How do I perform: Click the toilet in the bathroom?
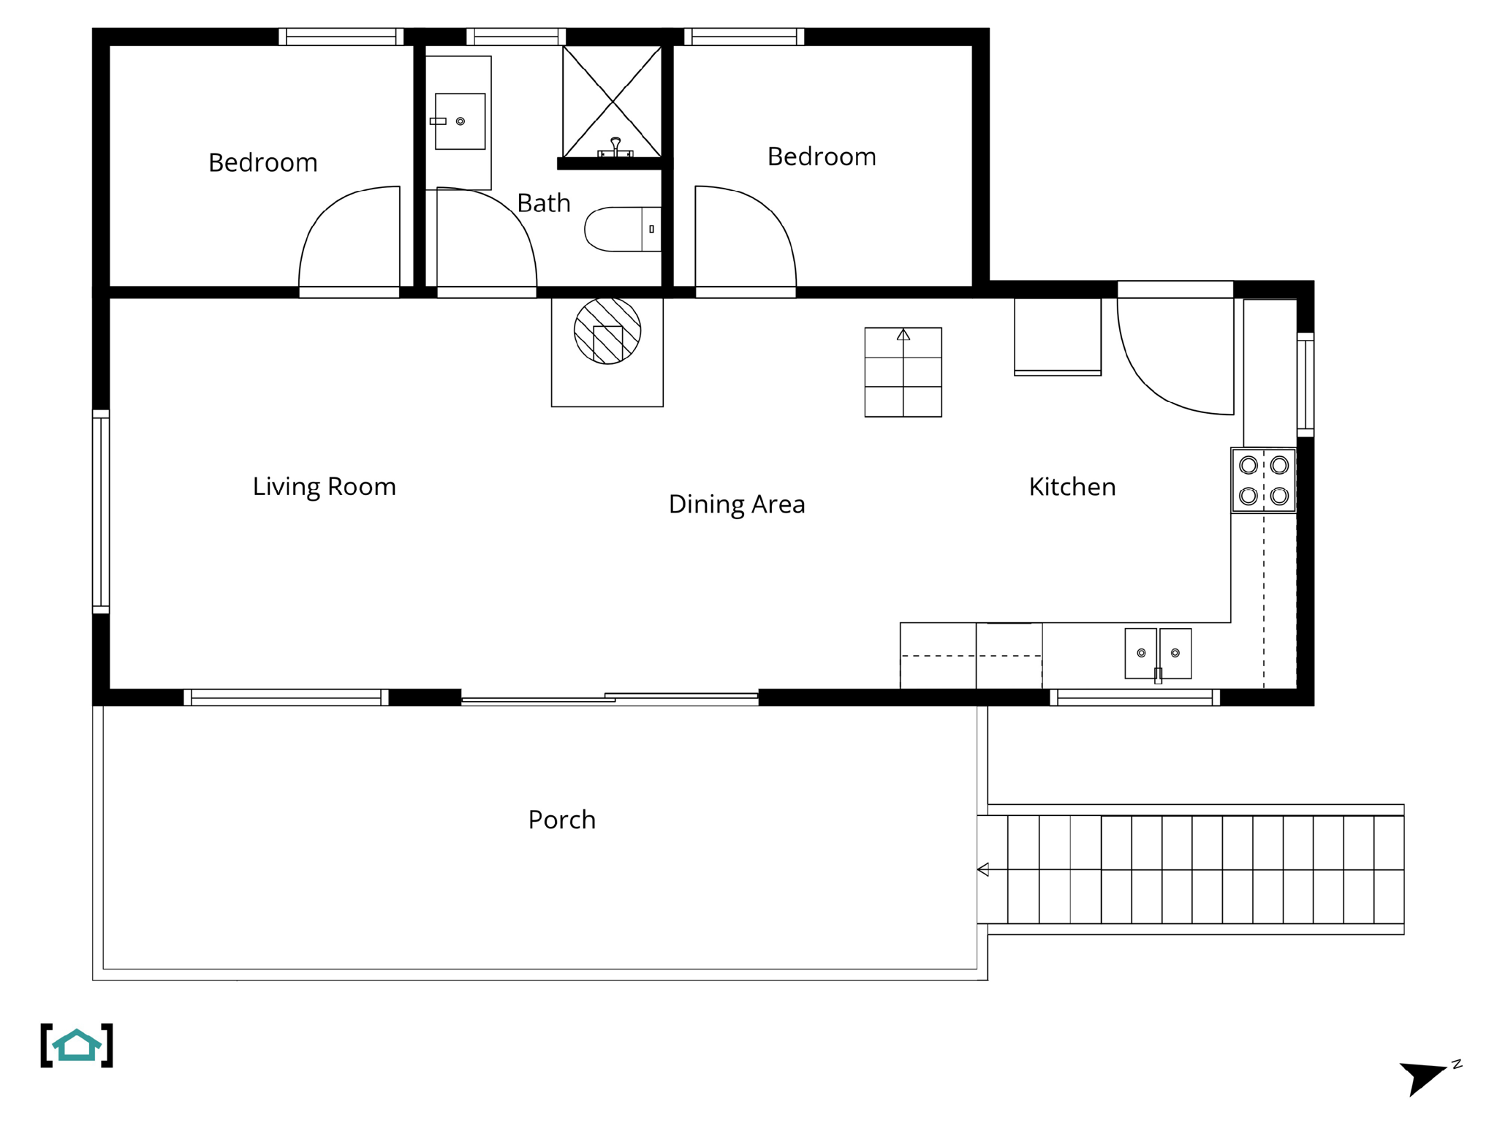click(x=621, y=230)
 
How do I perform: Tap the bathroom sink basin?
click(x=460, y=121)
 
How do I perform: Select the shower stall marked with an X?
click(x=612, y=101)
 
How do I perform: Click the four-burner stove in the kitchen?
click(x=1263, y=480)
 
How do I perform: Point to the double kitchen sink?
click(x=1158, y=653)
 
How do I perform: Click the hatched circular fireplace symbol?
click(x=607, y=331)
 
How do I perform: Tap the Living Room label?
click(x=324, y=487)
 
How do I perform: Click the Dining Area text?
click(x=736, y=504)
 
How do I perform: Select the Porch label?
click(x=561, y=820)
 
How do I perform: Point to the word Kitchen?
click(x=1072, y=487)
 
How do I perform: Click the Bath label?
click(x=543, y=203)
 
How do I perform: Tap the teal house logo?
click(x=77, y=1046)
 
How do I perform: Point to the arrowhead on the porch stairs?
click(x=983, y=869)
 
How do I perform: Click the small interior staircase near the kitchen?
click(x=903, y=372)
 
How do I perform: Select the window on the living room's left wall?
click(x=101, y=511)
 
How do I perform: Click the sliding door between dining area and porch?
click(x=609, y=698)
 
